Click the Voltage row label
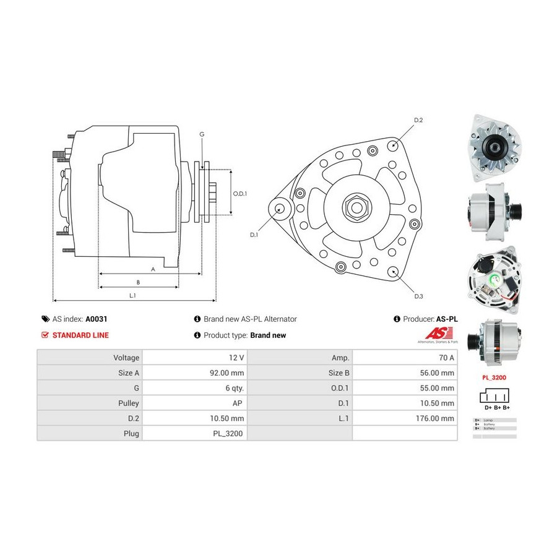click(126, 358)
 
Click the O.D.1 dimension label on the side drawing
click(240, 194)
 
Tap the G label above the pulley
click(202, 134)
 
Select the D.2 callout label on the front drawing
click(418, 119)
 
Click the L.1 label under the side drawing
click(132, 296)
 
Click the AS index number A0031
click(96, 319)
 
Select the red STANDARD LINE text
click(80, 335)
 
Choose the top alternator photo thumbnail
click(494, 147)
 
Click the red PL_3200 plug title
click(494, 376)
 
